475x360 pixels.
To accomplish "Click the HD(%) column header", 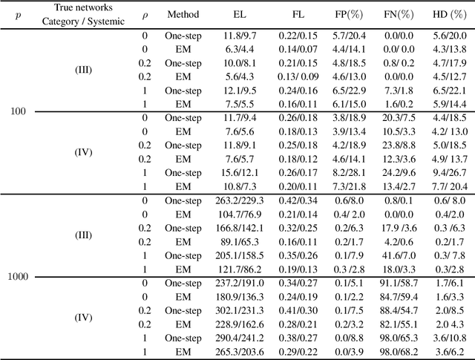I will click(448, 14).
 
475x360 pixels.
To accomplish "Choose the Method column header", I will click(183, 14).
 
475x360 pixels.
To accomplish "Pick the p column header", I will click(19, 14).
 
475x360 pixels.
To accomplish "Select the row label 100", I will click(18, 111).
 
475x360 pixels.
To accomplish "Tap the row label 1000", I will click(19, 277).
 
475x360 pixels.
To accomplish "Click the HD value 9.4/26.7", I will click(448, 172).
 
